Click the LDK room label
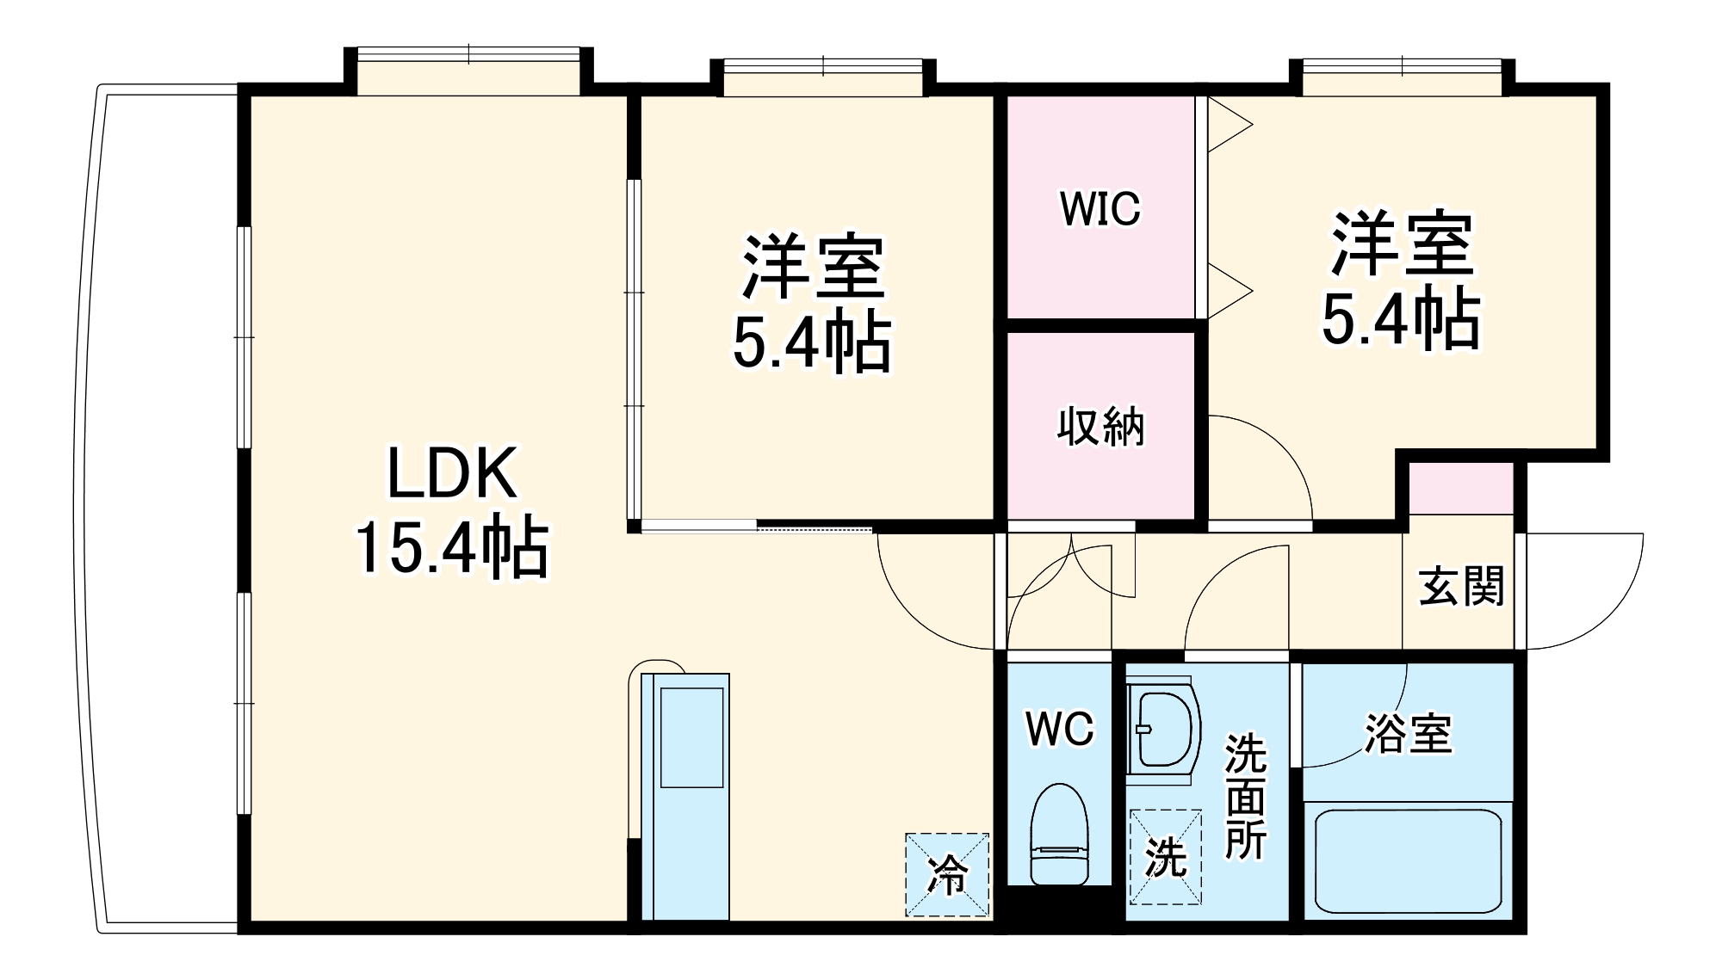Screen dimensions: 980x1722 452,473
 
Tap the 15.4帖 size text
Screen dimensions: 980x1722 452,547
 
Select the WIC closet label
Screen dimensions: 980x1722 1100,208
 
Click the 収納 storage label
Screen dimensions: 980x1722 1100,426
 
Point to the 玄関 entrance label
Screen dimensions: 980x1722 1461,587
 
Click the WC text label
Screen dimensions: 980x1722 1059,730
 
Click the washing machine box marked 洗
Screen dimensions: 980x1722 1166,857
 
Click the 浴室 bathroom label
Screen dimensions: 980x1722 1409,734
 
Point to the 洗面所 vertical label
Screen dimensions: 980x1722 1245,796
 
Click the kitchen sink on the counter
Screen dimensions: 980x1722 691,738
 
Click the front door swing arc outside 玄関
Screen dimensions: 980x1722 1584,594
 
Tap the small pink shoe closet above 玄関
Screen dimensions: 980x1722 1461,488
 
